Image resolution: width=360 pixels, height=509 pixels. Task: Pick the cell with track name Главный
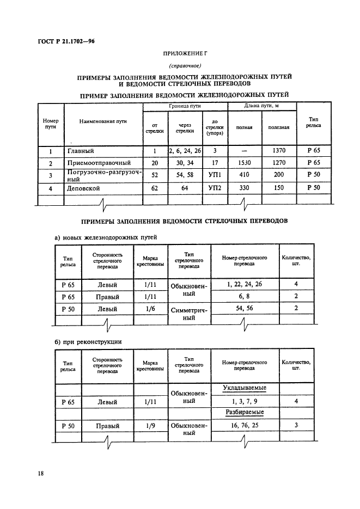(x=81, y=151)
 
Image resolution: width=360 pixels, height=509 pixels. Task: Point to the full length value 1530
(x=244, y=163)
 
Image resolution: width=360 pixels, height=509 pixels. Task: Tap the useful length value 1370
(x=278, y=151)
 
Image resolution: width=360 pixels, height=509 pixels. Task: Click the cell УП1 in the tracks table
(x=215, y=175)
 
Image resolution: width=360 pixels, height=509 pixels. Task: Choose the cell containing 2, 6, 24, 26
(x=185, y=151)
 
